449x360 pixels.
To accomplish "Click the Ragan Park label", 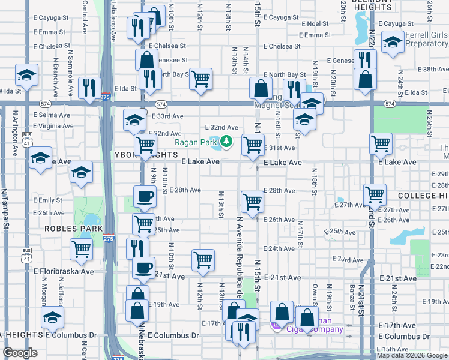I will [x=195, y=142].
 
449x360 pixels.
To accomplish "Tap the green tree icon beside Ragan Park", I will [x=226, y=142].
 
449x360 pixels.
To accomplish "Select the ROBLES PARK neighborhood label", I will [x=67, y=229].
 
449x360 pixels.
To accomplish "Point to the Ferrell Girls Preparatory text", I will [x=426, y=40].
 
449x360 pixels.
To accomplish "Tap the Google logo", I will [x=20, y=353].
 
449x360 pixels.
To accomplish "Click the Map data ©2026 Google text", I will [x=411, y=355].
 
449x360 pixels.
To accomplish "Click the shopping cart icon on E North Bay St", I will [x=201, y=78].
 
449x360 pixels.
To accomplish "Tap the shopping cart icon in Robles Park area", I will [x=81, y=248].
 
